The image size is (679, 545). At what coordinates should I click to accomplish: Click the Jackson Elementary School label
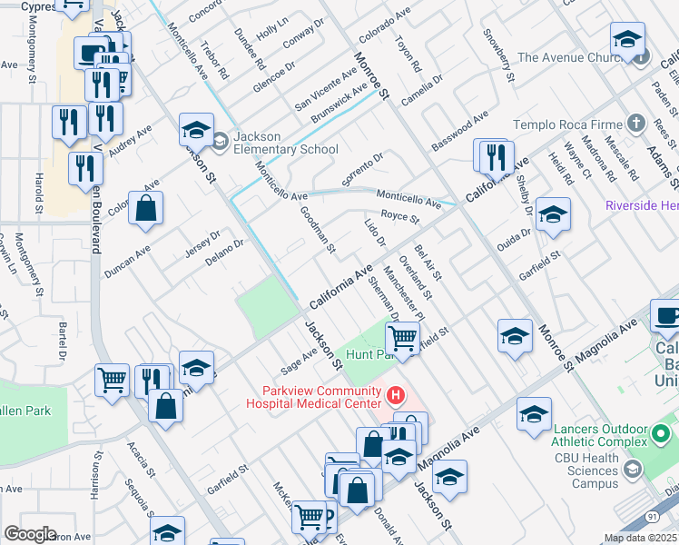pos(285,143)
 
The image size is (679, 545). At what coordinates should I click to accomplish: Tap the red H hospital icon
pos(395,395)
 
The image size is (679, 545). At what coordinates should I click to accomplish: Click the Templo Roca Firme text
pos(567,124)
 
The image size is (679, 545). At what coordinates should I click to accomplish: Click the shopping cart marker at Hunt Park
pos(402,339)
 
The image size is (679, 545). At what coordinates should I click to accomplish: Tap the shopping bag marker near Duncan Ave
pos(145,210)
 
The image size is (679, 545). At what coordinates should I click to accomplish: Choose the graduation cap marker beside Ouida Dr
pos(552,215)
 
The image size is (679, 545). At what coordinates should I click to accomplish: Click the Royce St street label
pos(399,217)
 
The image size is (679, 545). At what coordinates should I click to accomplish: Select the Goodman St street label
pos(319,229)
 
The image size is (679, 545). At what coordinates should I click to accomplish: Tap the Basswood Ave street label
pos(459,130)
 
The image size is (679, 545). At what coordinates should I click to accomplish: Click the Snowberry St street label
pos(498,56)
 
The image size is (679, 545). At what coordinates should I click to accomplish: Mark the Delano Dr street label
pos(225,248)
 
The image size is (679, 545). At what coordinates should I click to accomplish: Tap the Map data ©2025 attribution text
pos(640,538)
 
